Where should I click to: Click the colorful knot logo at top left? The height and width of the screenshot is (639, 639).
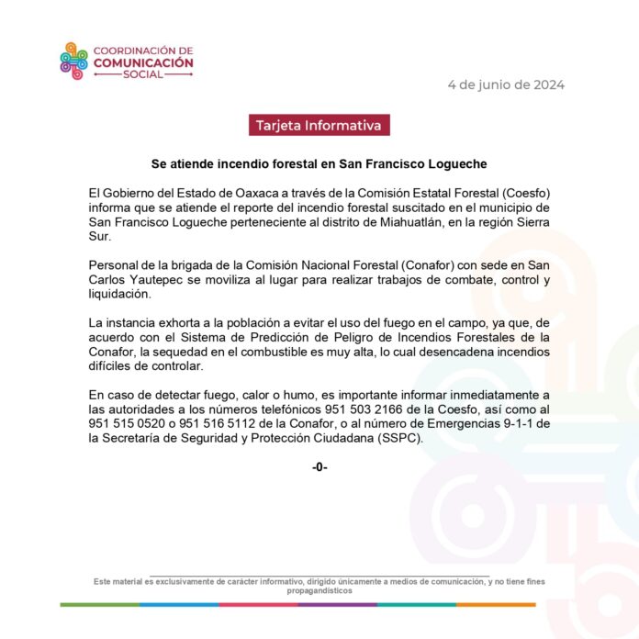tap(74, 62)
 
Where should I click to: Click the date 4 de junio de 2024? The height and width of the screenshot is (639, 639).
tap(506, 84)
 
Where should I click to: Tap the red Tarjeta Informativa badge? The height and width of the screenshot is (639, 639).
tap(319, 126)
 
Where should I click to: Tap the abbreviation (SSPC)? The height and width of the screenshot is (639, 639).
tap(398, 439)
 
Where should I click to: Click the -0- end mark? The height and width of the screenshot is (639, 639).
tap(319, 467)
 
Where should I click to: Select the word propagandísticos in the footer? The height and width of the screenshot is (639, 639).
tap(319, 591)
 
